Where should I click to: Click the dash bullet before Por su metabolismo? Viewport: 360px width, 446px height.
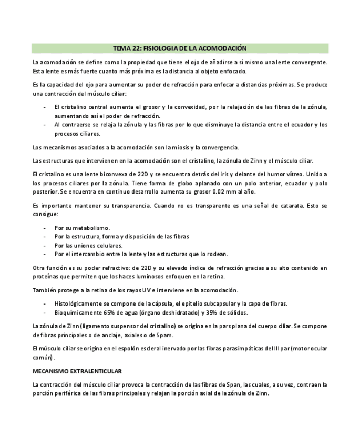tap(44, 228)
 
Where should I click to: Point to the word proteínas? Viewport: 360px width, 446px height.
tap(47, 277)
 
